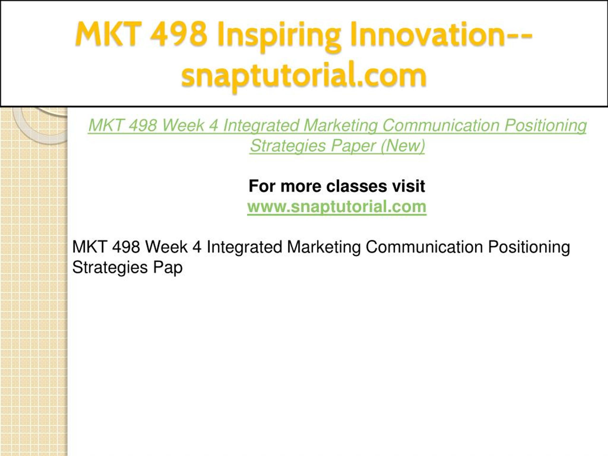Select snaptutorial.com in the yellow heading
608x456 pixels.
point(304,76)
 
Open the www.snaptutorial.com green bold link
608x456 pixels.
point(337,207)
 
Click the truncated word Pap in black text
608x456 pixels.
point(168,268)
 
